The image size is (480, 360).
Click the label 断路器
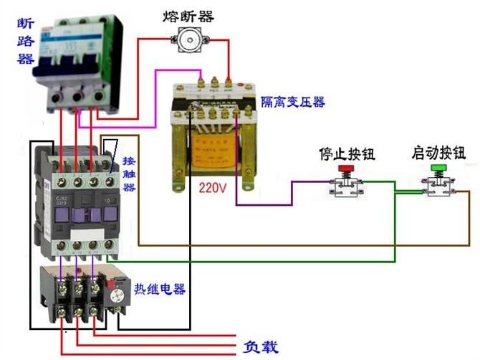click(x=26, y=42)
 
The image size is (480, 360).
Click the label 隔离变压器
click(x=292, y=102)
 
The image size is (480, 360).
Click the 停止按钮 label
click(x=346, y=154)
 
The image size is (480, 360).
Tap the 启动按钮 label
click(x=438, y=153)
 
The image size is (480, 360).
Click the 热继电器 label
click(x=160, y=289)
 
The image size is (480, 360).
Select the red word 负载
click(x=259, y=347)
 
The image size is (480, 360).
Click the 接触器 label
click(x=129, y=173)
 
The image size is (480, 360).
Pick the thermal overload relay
click(x=82, y=294)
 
